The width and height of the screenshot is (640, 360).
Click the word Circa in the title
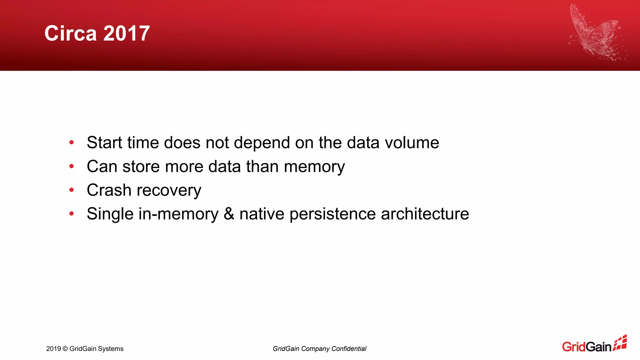70,33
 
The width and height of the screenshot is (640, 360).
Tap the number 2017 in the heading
126,33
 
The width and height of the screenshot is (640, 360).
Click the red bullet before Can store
72,167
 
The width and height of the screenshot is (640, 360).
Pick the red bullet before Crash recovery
72,190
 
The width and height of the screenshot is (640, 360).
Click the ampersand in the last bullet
229,214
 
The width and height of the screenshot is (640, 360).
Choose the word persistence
332,214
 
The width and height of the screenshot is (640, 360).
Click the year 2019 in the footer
53,349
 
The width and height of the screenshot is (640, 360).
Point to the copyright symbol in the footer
65,349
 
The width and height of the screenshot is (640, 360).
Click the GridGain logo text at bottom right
586,347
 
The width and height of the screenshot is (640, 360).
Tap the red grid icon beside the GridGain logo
620,343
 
